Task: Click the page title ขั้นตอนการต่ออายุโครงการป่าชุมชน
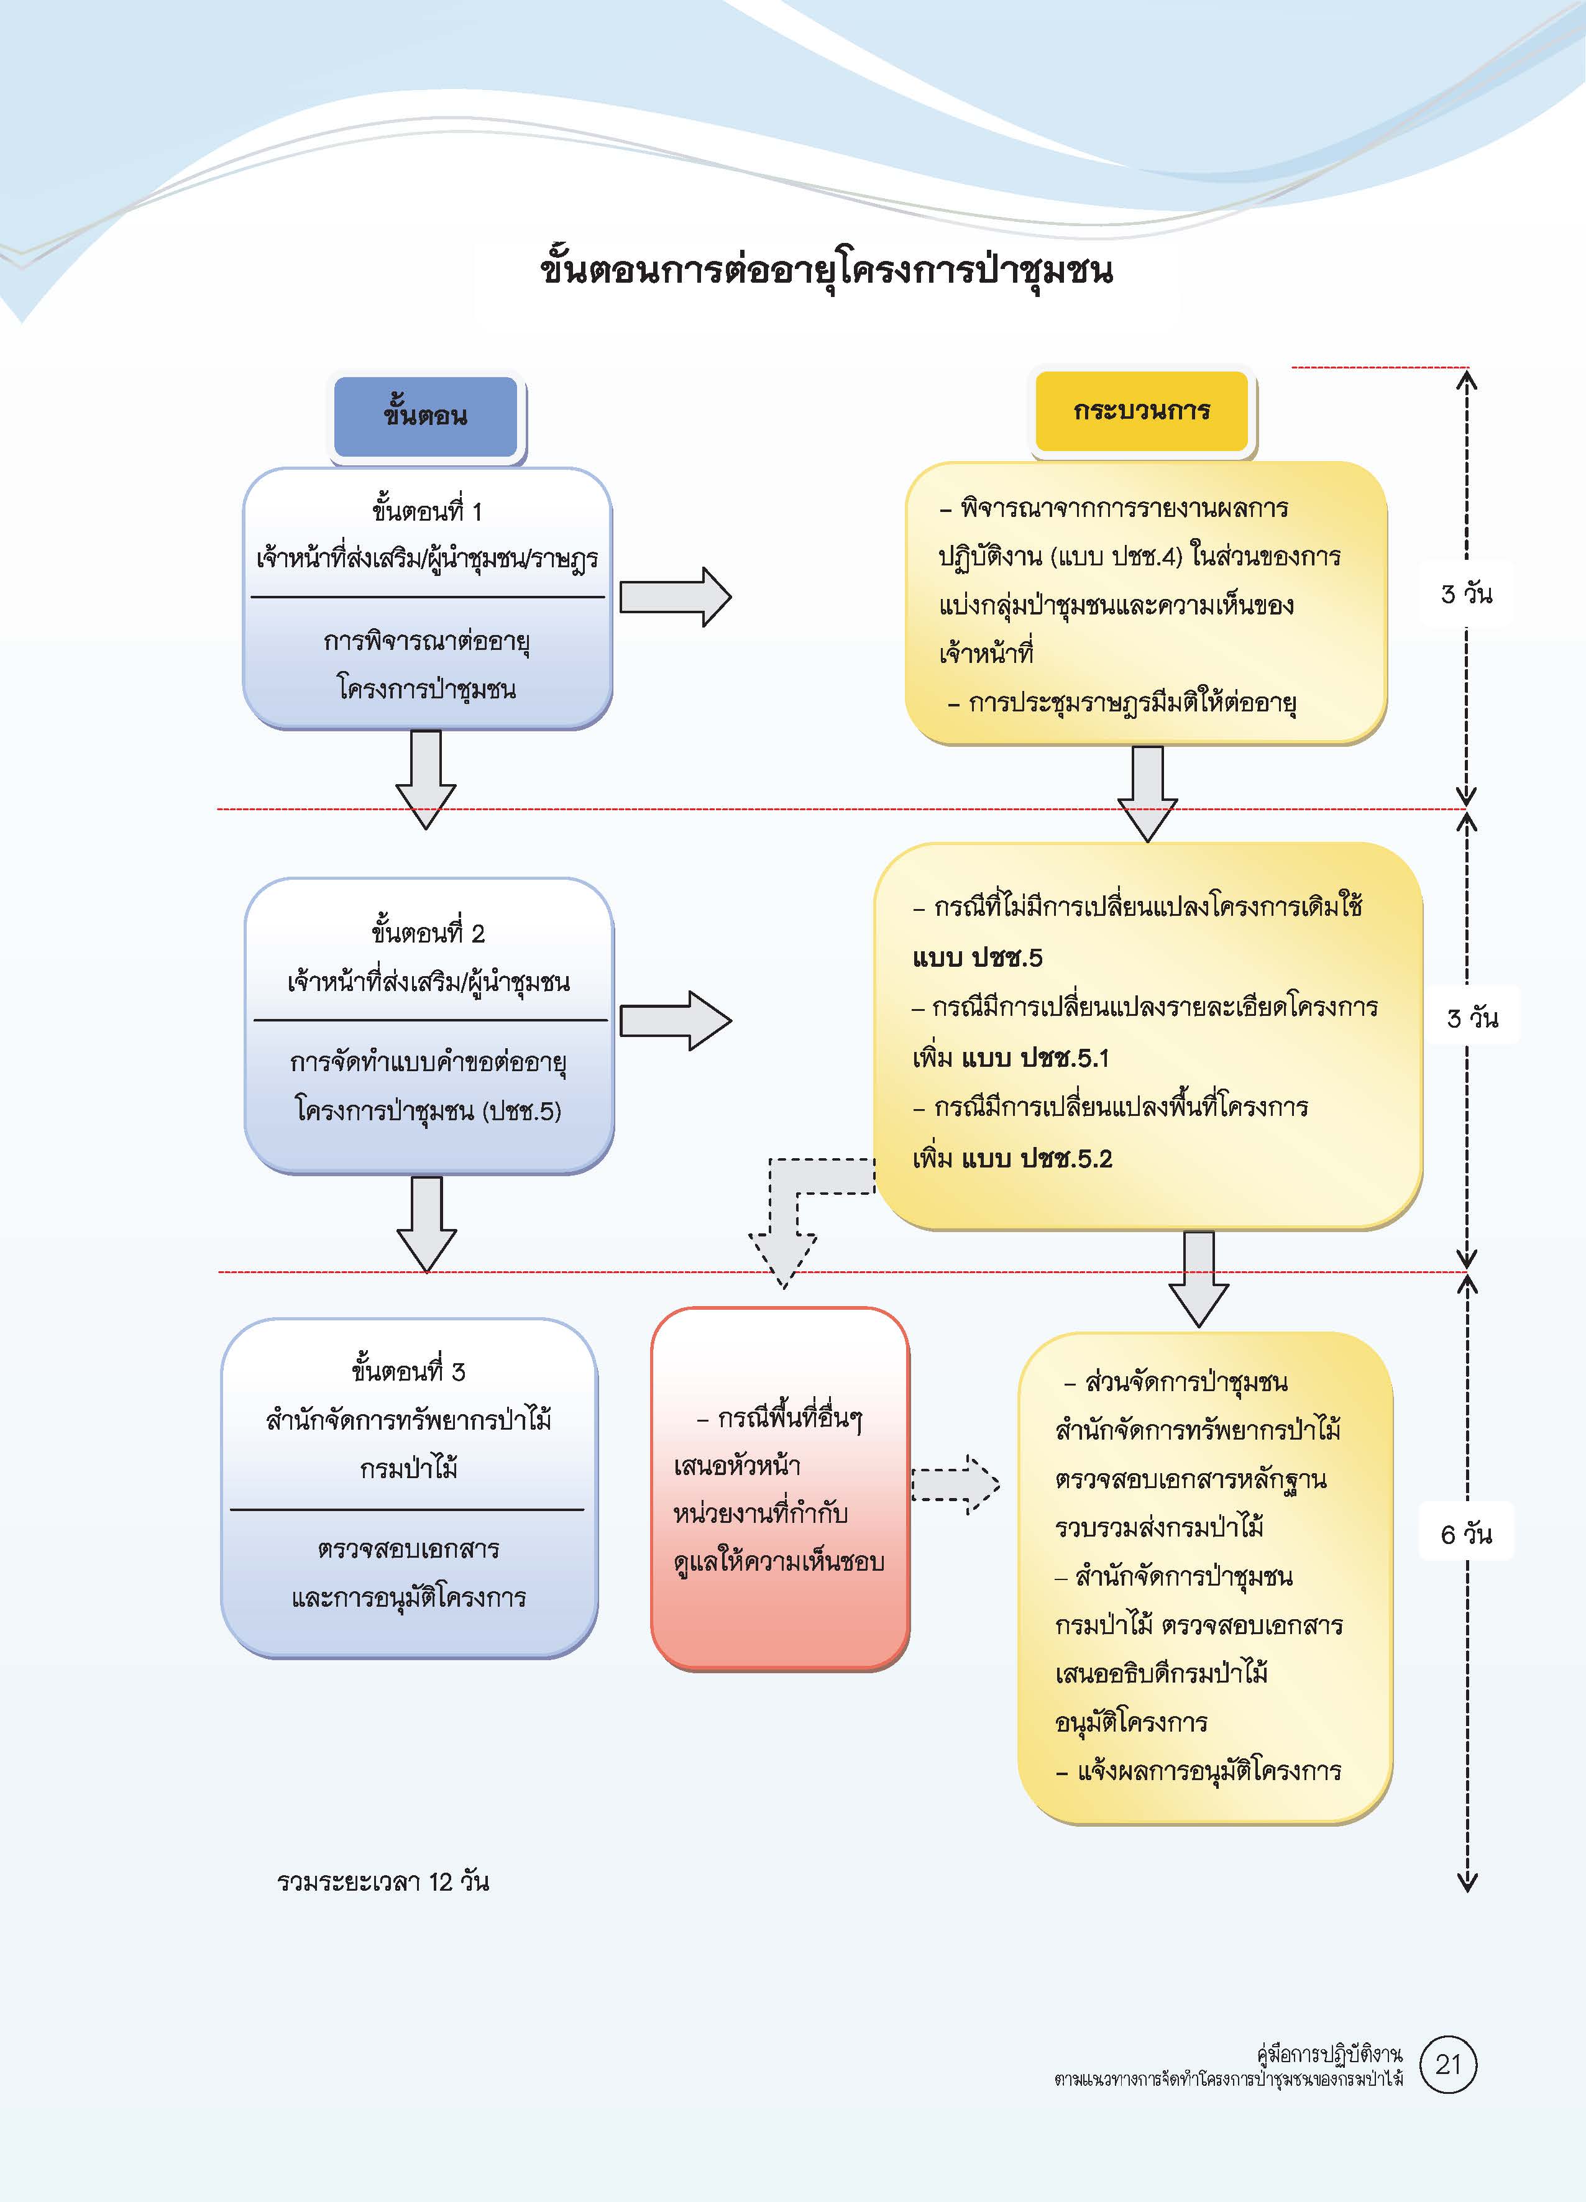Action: pyautogui.click(x=825, y=270)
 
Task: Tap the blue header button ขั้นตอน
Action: pyautogui.click(x=425, y=416)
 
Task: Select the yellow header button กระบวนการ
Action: pyautogui.click(x=1141, y=411)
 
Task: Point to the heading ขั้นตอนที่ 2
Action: pyautogui.click(x=428, y=933)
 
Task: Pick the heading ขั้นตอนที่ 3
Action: pyautogui.click(x=408, y=1371)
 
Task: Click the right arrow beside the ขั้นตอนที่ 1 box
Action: pyautogui.click(x=675, y=597)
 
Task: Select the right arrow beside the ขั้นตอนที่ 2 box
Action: pyautogui.click(x=675, y=1020)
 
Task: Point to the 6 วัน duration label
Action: pyautogui.click(x=1467, y=1534)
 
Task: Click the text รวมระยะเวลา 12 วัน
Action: pyautogui.click(x=383, y=1881)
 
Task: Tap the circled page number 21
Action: pyautogui.click(x=1447, y=2090)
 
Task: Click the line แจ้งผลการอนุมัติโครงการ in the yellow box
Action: pyautogui.click(x=1209, y=1771)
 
